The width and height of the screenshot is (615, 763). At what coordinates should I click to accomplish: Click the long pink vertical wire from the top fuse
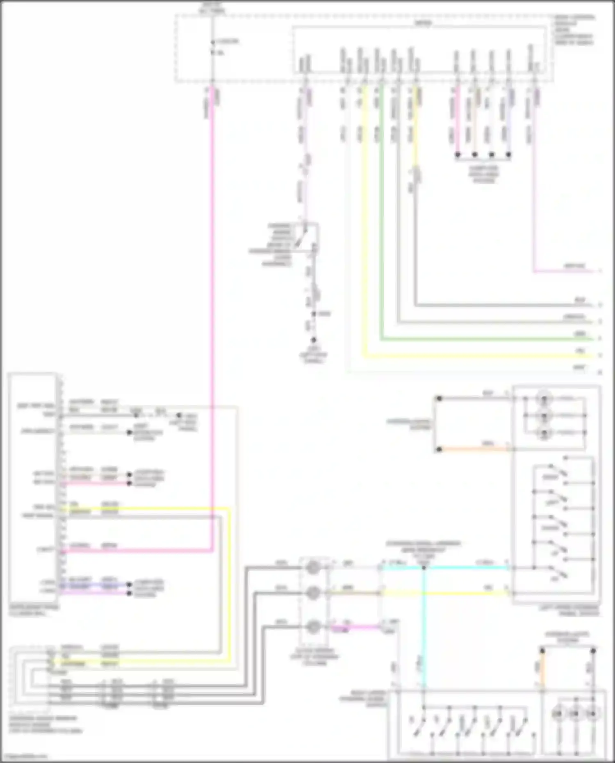pyautogui.click(x=212, y=287)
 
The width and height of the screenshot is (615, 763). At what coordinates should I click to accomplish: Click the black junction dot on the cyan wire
pyautogui.click(x=424, y=568)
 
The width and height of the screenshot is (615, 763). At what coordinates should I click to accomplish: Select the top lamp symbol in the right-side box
pyautogui.click(x=544, y=398)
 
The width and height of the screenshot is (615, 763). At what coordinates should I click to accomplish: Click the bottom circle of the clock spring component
pyautogui.click(x=314, y=627)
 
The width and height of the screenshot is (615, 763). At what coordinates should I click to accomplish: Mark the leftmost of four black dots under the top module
pyautogui.click(x=458, y=155)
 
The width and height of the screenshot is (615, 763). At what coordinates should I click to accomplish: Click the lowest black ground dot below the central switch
pyautogui.click(x=314, y=340)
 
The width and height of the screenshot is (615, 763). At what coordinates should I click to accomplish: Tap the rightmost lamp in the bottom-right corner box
pyautogui.click(x=592, y=714)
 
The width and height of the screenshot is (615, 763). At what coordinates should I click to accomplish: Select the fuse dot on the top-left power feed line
pyautogui.click(x=212, y=42)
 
